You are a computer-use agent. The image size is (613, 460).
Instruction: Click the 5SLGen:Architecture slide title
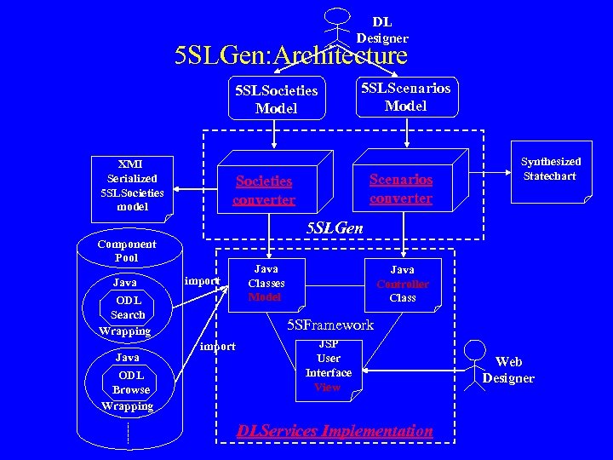click(x=290, y=56)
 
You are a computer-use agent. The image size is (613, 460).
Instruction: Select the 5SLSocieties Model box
click(x=276, y=99)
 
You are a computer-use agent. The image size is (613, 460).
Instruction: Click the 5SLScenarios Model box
click(x=405, y=96)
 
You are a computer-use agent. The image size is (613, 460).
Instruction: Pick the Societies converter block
click(x=264, y=190)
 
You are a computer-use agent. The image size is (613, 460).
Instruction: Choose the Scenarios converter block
click(x=401, y=188)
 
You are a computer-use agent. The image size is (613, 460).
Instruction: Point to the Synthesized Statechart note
click(x=550, y=170)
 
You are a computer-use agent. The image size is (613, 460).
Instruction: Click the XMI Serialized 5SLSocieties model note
click(x=132, y=186)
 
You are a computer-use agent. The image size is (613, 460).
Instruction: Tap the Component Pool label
click(x=126, y=251)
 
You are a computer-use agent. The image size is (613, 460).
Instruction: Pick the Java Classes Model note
click(x=266, y=283)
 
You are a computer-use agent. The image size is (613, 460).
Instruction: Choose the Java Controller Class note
click(x=403, y=284)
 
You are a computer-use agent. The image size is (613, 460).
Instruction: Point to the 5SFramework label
click(x=330, y=325)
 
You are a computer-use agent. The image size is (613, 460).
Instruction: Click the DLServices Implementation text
click(x=335, y=431)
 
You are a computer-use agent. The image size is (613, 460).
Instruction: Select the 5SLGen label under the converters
click(x=335, y=228)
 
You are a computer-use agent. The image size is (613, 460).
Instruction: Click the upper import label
click(x=202, y=280)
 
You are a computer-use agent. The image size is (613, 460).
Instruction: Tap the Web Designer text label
click(x=508, y=371)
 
